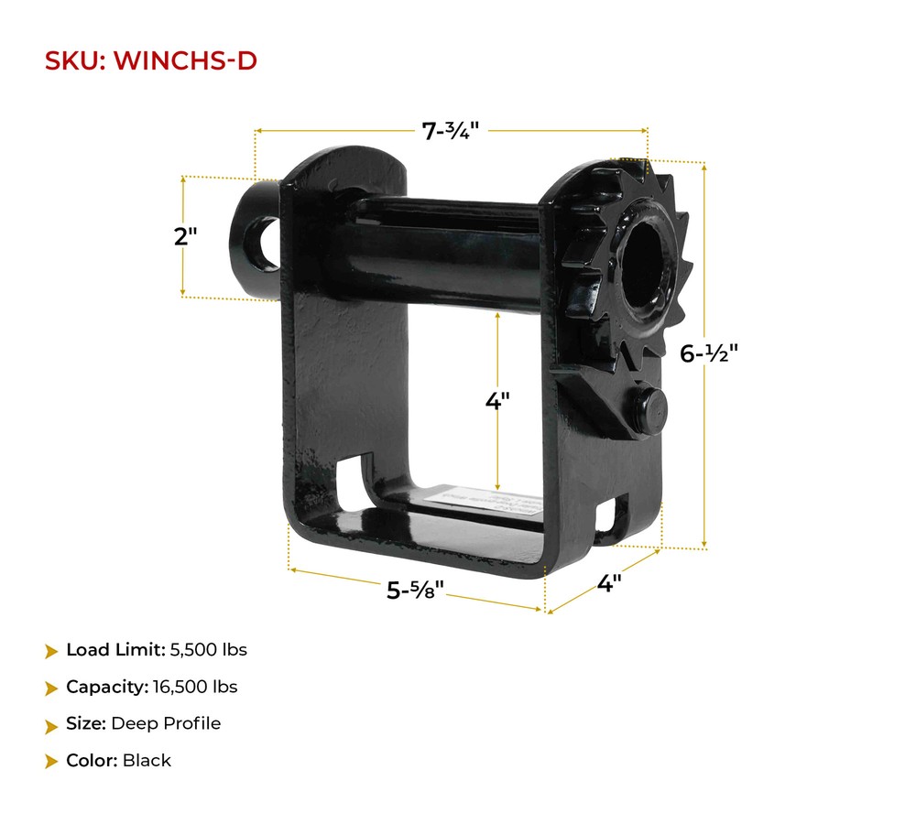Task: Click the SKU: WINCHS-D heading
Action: coord(151,61)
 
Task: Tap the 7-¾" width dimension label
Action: coord(452,131)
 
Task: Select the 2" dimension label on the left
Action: coord(186,235)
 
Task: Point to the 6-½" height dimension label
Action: coord(709,352)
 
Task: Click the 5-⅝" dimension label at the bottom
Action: coord(415,591)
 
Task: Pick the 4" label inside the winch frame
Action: coord(497,400)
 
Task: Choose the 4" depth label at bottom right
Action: coord(609,582)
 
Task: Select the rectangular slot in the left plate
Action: coord(345,477)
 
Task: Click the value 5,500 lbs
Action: coord(208,650)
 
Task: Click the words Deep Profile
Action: coord(166,723)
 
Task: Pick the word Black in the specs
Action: coord(147,760)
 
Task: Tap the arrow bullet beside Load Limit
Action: coord(51,651)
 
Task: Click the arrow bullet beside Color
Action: coord(51,761)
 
